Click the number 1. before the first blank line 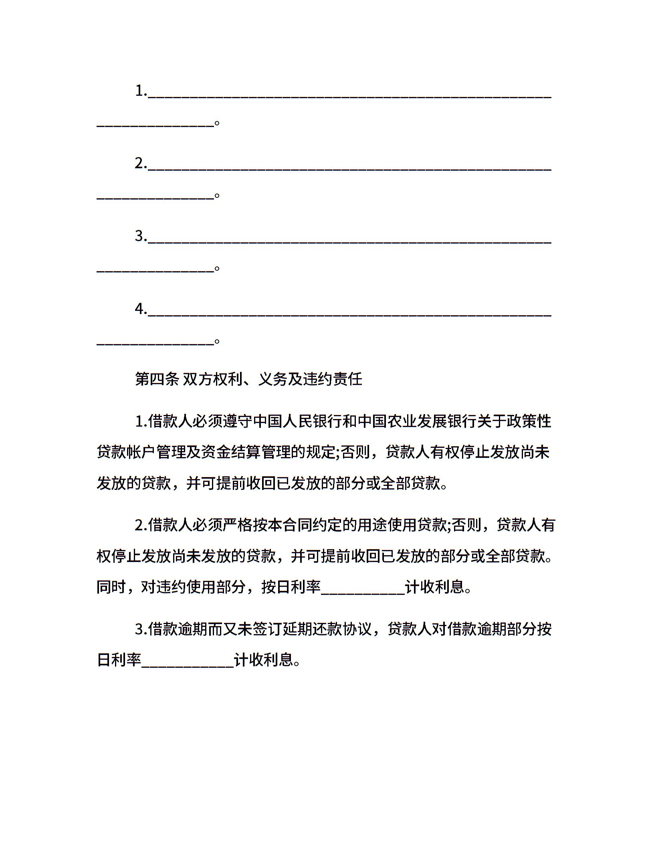coord(141,91)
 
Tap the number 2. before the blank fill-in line coord(141,163)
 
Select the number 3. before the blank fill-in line coord(141,236)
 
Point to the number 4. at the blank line coord(141,308)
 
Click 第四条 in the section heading coord(157,379)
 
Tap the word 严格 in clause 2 coord(238,525)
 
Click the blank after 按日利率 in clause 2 coord(363,588)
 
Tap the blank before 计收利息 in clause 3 coord(188,661)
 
